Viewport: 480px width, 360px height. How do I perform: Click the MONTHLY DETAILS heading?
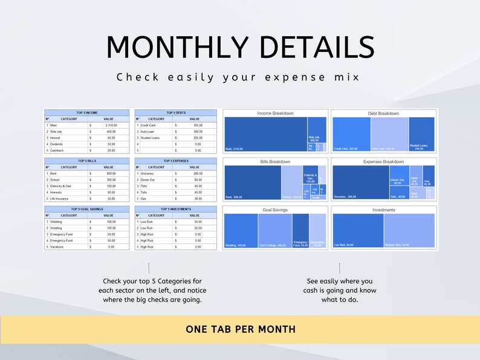240,47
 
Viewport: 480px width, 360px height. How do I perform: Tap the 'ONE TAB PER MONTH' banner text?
241,329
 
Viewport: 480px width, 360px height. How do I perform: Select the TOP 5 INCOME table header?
87,112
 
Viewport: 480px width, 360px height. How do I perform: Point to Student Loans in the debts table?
151,138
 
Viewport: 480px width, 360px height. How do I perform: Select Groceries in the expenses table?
149,173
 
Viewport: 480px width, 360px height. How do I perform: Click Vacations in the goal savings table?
58,247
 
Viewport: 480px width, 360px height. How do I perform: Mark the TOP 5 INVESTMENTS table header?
176,209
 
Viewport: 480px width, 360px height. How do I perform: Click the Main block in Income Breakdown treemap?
265,133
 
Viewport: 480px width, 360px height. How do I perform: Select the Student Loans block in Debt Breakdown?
421,133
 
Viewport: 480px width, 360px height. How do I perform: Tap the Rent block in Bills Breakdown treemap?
253,182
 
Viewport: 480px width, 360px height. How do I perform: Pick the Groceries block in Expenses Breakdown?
359,182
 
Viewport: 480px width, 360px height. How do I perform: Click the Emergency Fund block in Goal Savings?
300,230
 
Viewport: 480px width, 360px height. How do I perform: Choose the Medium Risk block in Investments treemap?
409,230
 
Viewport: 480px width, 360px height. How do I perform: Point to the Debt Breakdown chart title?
383,114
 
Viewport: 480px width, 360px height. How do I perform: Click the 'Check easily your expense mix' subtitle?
239,77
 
